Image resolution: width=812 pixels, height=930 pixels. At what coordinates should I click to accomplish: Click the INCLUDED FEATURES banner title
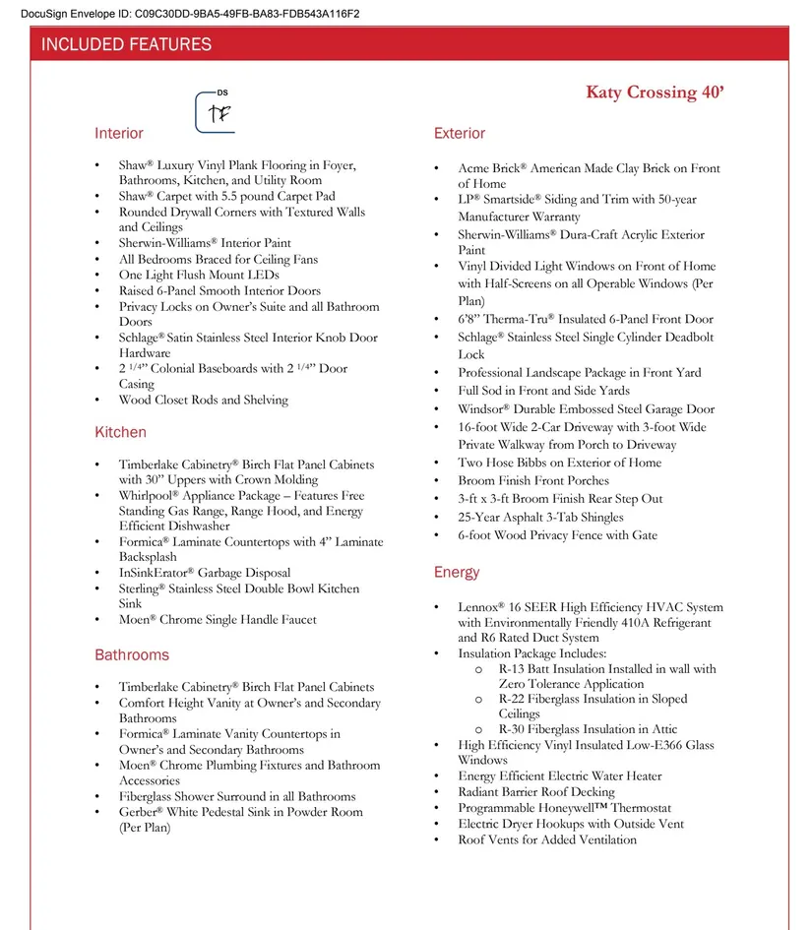[x=126, y=44]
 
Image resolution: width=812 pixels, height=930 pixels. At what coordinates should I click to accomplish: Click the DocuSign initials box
[x=219, y=112]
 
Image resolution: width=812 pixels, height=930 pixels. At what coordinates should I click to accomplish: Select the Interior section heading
[x=119, y=134]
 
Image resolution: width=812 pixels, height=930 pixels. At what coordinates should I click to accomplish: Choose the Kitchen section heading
[x=120, y=433]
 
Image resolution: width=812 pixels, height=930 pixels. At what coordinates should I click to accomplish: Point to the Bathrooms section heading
[x=132, y=655]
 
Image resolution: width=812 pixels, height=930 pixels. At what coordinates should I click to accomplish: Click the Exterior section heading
[x=460, y=134]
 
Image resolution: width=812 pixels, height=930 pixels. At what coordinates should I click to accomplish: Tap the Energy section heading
[x=457, y=573]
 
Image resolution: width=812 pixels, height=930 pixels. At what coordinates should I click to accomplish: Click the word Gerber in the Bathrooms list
[x=140, y=813]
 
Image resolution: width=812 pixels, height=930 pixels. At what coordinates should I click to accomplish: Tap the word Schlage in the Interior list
[x=142, y=338]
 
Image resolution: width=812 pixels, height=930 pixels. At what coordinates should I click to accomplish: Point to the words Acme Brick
[x=491, y=169]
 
